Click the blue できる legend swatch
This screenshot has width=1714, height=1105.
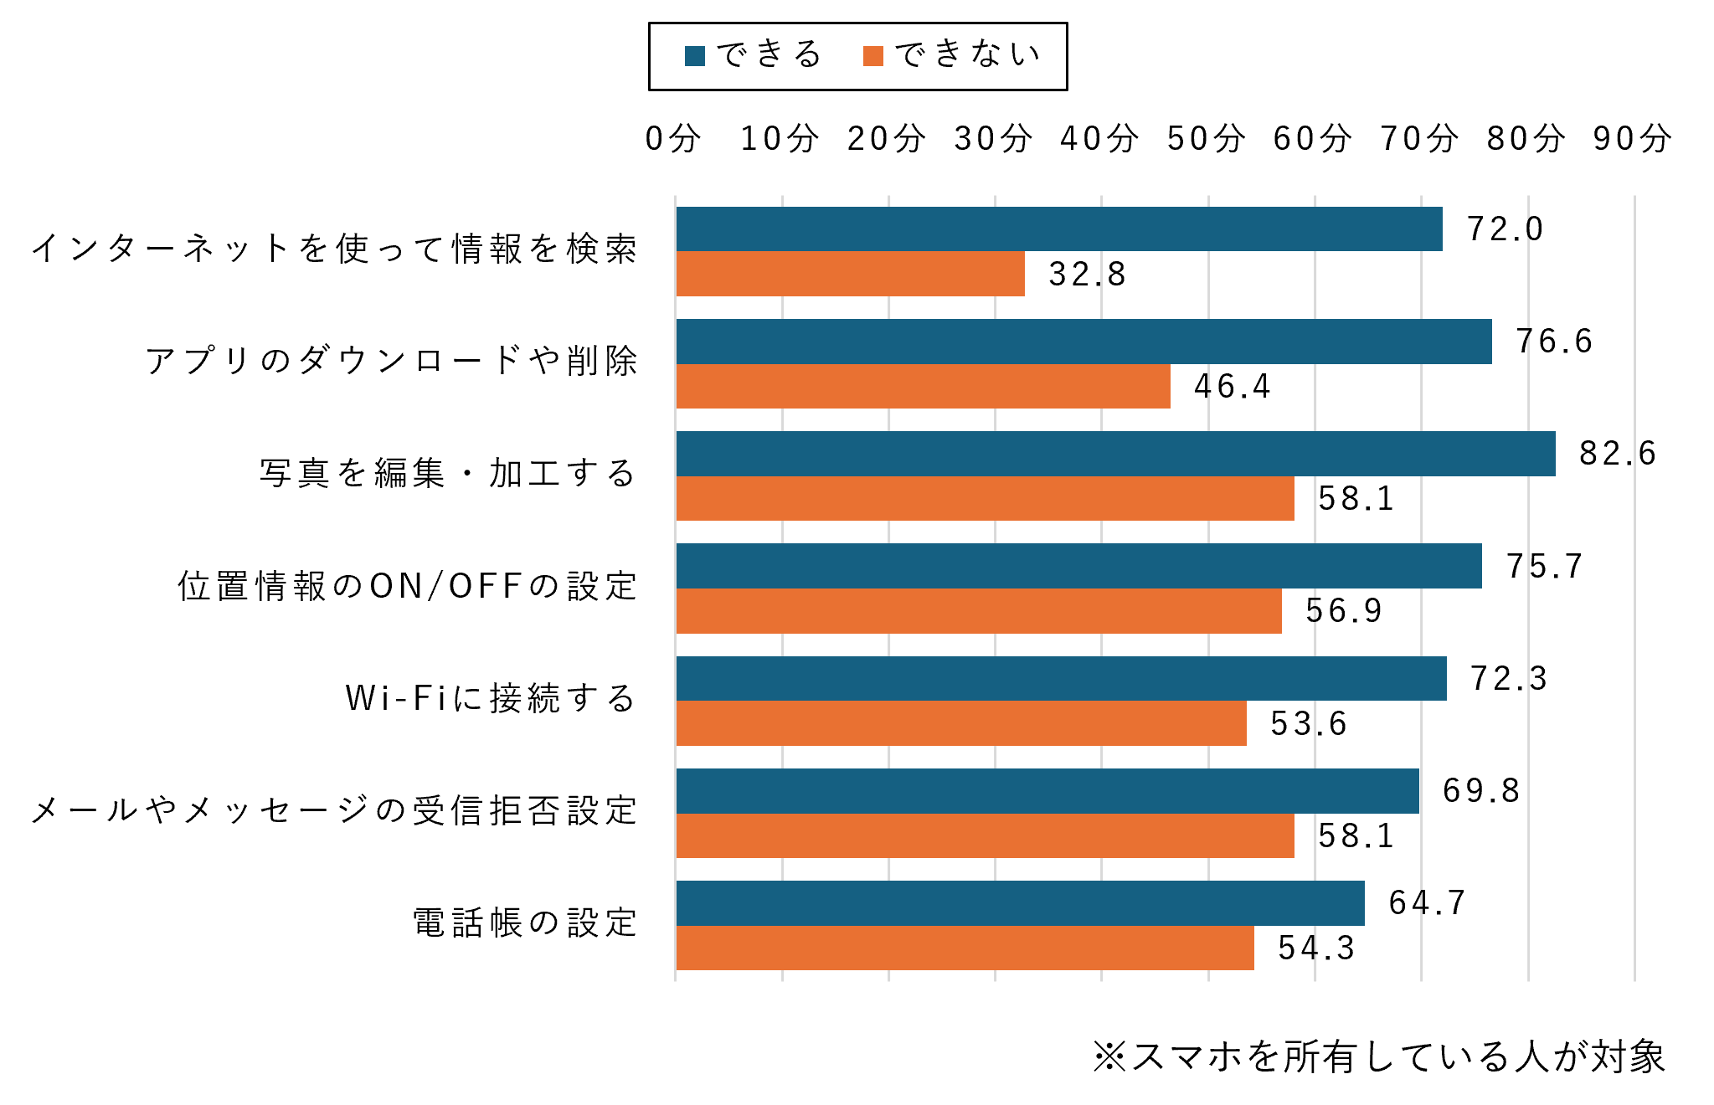pos(695,56)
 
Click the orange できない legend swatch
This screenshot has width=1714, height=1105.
pos(873,56)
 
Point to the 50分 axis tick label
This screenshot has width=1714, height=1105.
pos(1206,138)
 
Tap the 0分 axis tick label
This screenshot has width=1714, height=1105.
pos(673,138)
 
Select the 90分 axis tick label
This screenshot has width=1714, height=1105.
pos(1632,138)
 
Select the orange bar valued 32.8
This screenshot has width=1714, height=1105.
pos(850,274)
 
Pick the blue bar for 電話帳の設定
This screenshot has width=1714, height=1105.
pos(1020,903)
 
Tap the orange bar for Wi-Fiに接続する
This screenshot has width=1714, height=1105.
pos(961,723)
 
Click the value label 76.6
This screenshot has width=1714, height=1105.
pos(1554,342)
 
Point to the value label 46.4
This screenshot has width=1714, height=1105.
pos(1233,387)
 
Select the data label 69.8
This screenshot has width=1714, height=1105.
pos(1481,791)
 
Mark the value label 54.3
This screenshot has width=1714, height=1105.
pos(1316,948)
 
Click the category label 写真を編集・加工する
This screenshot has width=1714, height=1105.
pos(448,474)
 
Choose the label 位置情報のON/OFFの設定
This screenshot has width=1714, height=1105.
pos(408,587)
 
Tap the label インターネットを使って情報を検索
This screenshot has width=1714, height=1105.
pos(335,249)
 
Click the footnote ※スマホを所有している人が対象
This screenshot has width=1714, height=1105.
pos(1379,1057)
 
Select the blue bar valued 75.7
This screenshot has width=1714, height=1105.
pos(1078,566)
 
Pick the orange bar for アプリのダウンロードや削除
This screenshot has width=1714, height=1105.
pos(923,387)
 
